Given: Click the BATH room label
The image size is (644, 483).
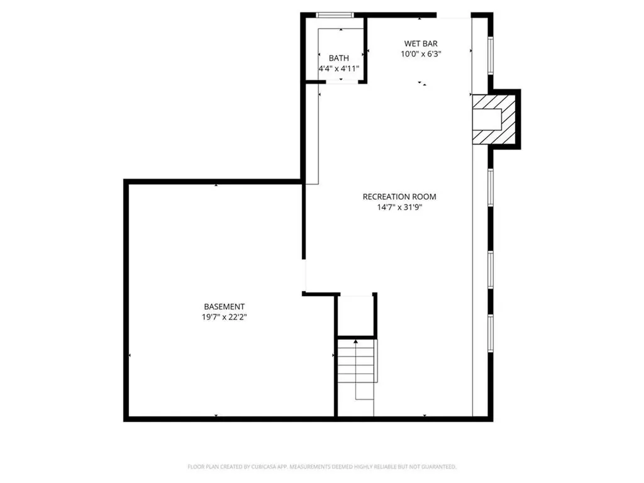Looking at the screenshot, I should click(338, 58).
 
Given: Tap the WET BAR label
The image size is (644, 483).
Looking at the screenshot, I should click(421, 43).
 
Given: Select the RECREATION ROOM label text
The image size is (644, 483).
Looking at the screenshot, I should click(399, 197).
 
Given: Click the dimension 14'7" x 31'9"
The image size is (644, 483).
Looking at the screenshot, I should click(399, 207).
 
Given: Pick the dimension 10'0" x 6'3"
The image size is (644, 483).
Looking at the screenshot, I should click(421, 53).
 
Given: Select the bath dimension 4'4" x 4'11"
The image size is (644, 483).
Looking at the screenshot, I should click(338, 68).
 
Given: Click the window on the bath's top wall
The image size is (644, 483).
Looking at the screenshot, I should click(334, 15).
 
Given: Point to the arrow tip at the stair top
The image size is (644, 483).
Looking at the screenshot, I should click(356, 341).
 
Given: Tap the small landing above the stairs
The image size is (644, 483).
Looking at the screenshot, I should click(356, 315).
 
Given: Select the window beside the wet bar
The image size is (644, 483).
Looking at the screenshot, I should click(490, 55).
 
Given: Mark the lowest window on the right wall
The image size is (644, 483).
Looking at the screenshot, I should click(490, 333).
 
